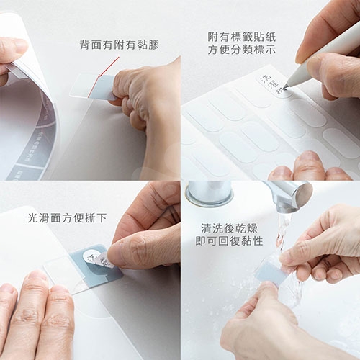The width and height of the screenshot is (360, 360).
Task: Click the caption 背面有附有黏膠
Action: coord(119,45)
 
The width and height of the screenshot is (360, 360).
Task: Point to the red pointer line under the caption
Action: coord(108,68)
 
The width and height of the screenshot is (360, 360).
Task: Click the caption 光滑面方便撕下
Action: coord(66,216)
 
